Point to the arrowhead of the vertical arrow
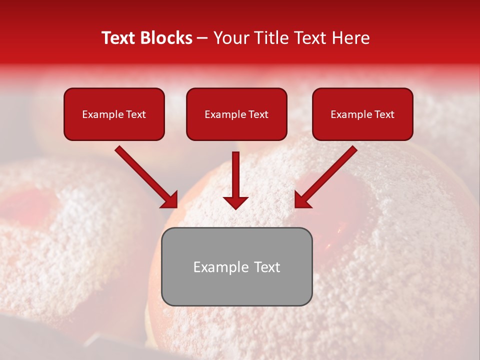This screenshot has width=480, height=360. (x=235, y=202)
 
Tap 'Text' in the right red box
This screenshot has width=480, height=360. (x=384, y=114)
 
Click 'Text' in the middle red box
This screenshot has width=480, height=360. (x=258, y=114)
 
